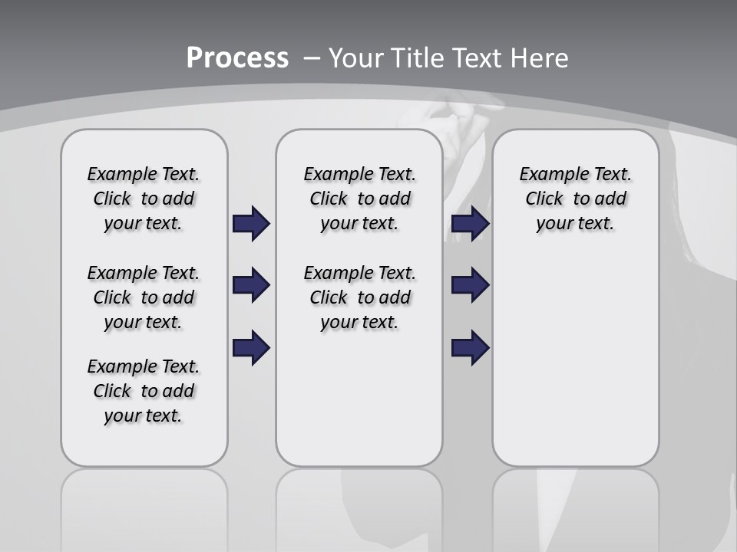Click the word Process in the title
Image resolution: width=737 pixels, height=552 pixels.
(x=237, y=58)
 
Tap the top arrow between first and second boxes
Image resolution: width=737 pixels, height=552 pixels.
(x=251, y=224)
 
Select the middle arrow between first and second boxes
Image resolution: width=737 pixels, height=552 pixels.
(x=251, y=285)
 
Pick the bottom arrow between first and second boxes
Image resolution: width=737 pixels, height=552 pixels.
(x=251, y=347)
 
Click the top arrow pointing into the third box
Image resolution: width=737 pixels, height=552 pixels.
(x=470, y=224)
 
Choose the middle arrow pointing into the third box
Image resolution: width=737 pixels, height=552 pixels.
(x=470, y=285)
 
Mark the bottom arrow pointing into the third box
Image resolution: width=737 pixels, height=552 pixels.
(x=470, y=347)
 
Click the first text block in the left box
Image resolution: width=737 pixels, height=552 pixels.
(x=144, y=199)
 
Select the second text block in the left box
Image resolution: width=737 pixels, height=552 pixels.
(x=144, y=297)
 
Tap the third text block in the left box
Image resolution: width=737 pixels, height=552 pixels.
(x=144, y=391)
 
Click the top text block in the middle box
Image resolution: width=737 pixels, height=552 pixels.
(x=359, y=199)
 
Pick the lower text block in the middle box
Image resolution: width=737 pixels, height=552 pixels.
(x=359, y=297)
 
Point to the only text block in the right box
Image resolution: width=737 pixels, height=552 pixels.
(x=575, y=199)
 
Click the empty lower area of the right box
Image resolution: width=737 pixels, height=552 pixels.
(x=575, y=360)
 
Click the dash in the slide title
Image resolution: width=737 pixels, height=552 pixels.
(x=312, y=58)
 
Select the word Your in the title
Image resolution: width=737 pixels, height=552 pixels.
(x=355, y=58)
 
